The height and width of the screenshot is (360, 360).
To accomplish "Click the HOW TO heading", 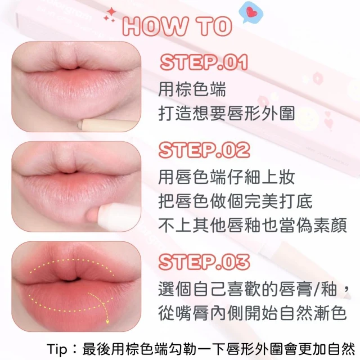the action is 177,26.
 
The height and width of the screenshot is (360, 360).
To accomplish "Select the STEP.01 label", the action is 204,62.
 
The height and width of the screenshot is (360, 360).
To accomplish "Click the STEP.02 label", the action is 204,150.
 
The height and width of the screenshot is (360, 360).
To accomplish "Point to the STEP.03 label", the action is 204,262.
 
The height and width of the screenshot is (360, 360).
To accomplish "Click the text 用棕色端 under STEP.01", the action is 192,89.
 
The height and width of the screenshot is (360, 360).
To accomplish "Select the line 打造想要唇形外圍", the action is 227,114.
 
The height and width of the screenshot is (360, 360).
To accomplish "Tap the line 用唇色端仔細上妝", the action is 227,177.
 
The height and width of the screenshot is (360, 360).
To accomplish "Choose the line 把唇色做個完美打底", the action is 235,201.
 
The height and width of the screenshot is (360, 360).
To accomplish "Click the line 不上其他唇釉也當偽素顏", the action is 253,226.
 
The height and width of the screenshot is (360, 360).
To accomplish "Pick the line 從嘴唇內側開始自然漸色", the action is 253,313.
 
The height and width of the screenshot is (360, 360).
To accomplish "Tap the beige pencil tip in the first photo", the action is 80,125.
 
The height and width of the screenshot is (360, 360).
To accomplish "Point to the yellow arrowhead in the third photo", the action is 107,321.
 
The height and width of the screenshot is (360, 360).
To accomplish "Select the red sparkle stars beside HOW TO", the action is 110,15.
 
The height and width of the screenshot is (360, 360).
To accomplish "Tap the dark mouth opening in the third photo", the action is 71,280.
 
